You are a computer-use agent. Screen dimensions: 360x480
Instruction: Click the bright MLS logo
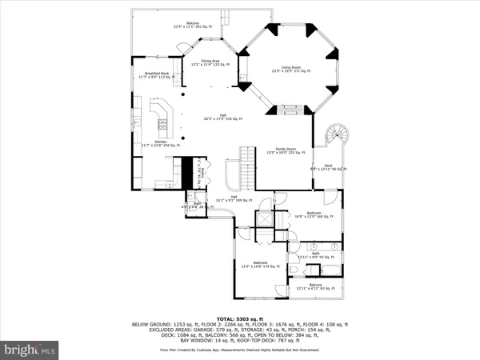click(30, 349)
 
